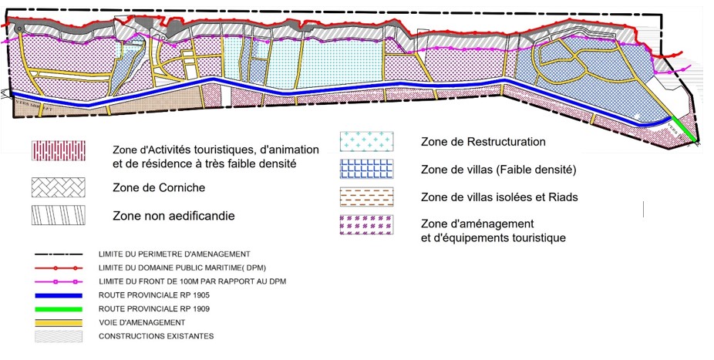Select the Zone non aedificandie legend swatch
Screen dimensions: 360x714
(x=59, y=215)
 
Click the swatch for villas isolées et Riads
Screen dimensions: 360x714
(x=366, y=197)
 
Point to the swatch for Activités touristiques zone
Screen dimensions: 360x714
(x=59, y=150)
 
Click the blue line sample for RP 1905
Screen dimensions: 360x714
(x=59, y=295)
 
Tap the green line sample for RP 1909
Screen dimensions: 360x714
(x=59, y=308)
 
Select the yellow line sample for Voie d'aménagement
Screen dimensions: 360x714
(x=59, y=321)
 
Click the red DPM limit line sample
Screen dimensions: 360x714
(x=59, y=267)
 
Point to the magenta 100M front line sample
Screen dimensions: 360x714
(x=59, y=281)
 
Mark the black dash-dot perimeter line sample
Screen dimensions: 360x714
(x=59, y=254)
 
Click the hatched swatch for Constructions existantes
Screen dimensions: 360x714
(x=59, y=335)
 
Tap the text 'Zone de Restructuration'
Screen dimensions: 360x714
(x=483, y=142)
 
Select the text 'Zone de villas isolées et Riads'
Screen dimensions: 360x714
(x=499, y=197)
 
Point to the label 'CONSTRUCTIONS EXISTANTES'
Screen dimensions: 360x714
(x=156, y=336)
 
